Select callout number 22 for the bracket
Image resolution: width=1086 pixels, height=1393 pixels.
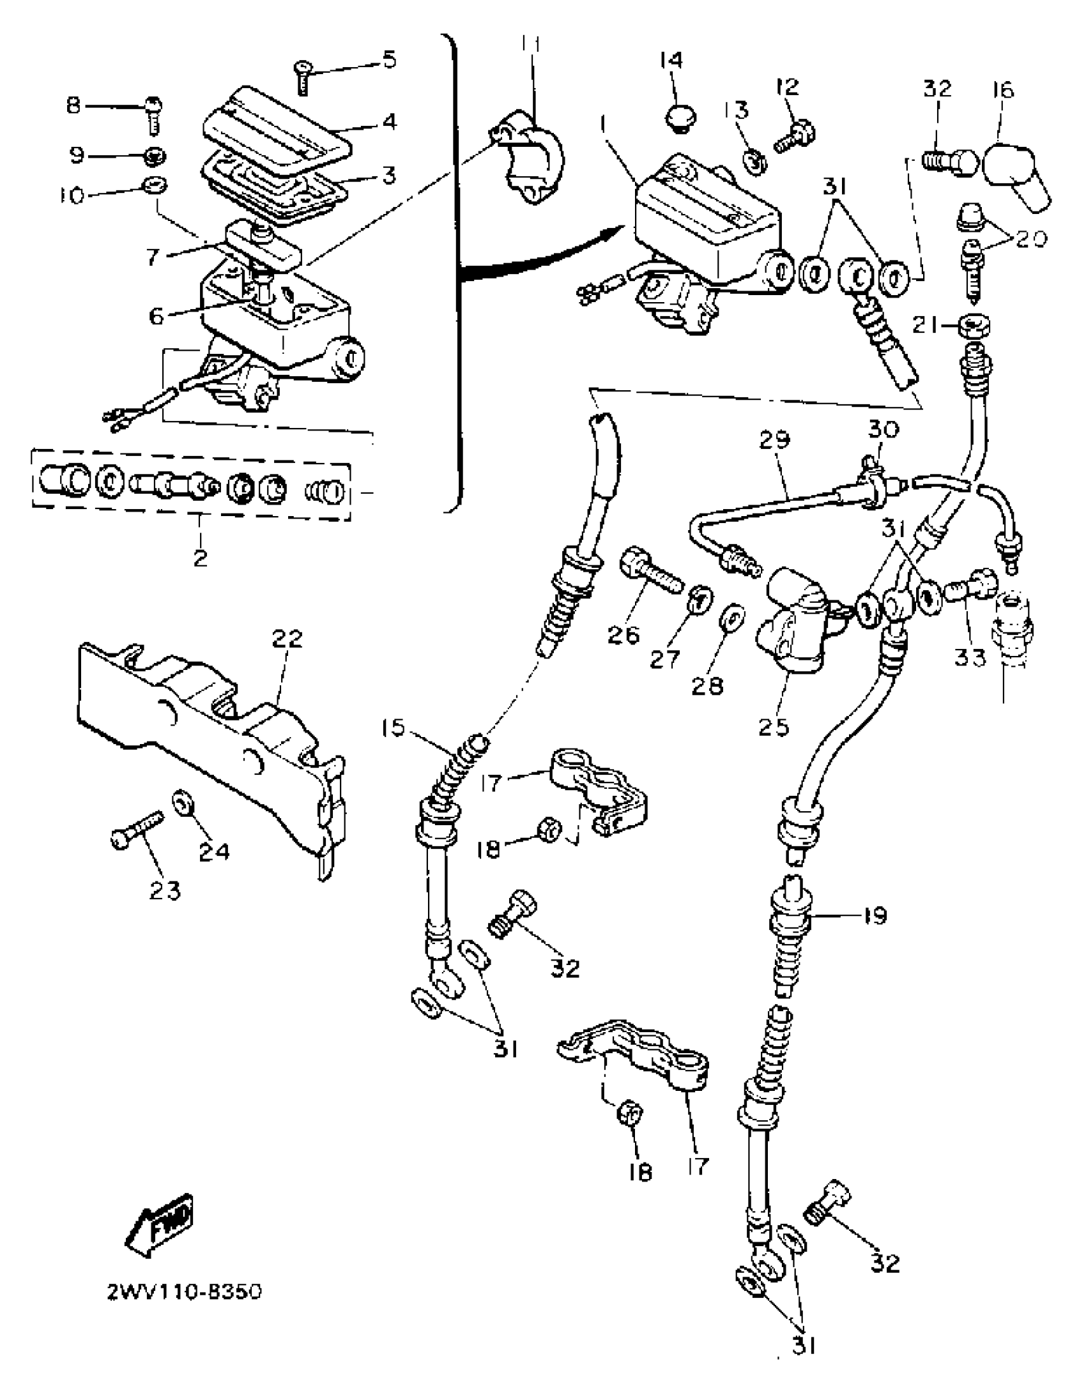(287, 638)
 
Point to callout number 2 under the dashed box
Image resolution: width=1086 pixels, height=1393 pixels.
(200, 557)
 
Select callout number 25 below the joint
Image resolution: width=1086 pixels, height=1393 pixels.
(774, 726)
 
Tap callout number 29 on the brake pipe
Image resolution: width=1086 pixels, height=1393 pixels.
(775, 440)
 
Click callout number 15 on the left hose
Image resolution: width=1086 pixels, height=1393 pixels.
(394, 728)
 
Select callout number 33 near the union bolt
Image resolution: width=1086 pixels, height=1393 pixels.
(970, 657)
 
